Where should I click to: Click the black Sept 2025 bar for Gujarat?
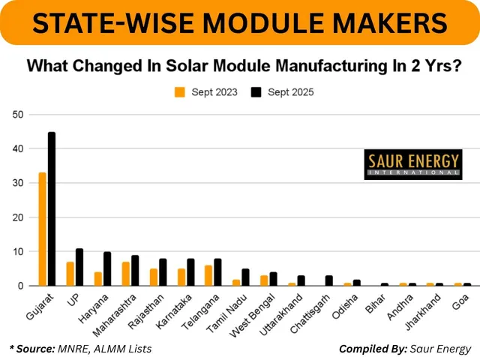pos(52,209)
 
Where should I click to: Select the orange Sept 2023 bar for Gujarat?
pos(43,229)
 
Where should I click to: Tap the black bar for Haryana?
pos(107,268)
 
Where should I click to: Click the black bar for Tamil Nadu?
pos(245,277)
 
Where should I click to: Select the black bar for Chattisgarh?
pos(328,280)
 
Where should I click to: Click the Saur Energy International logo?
pos(412,163)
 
